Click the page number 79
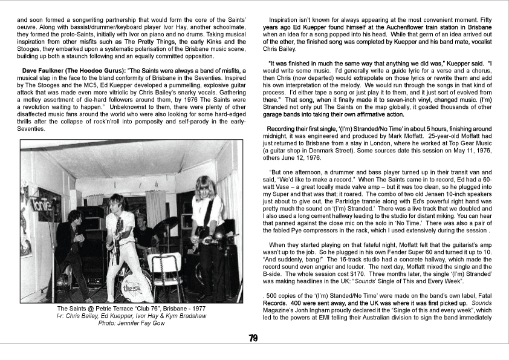point(253,338)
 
